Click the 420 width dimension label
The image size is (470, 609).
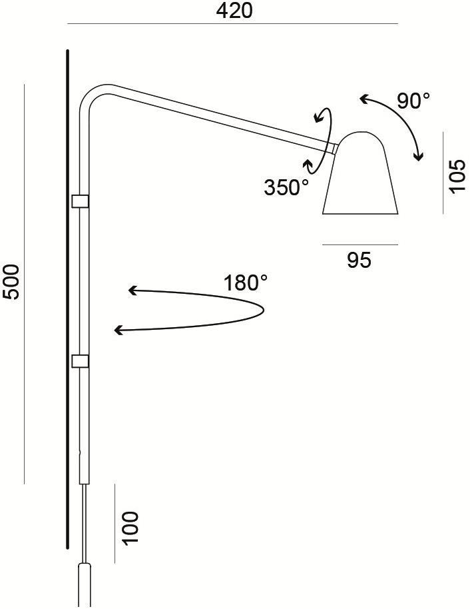(234, 11)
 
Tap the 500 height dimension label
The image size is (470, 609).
(11, 282)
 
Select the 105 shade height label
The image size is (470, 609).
(457, 175)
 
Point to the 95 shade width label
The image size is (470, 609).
(359, 260)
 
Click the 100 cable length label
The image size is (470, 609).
(130, 528)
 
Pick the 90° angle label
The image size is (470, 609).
(413, 101)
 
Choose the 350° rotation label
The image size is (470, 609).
(286, 188)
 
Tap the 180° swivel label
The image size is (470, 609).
(245, 283)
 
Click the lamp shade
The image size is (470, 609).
(360, 173)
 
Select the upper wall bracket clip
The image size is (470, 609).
(81, 201)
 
